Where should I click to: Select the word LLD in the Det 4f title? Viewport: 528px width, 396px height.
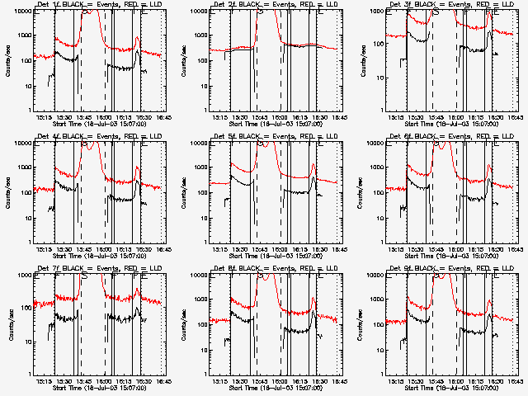(x=150, y=138)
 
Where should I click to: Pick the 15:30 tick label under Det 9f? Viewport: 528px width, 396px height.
(x=415, y=380)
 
